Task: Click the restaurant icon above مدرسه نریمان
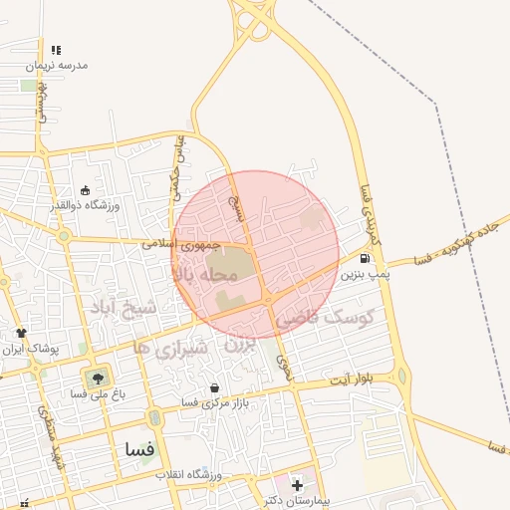pos(56,50)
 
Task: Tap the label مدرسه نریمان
pos(59,65)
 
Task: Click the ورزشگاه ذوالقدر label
pos(86,205)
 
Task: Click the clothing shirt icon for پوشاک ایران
pos(21,333)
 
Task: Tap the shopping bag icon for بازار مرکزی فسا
pos(214,387)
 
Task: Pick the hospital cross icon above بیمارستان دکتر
pos(297,484)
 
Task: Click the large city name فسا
pos(140,449)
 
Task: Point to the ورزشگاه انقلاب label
pos(194,475)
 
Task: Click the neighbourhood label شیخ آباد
pos(127,308)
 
